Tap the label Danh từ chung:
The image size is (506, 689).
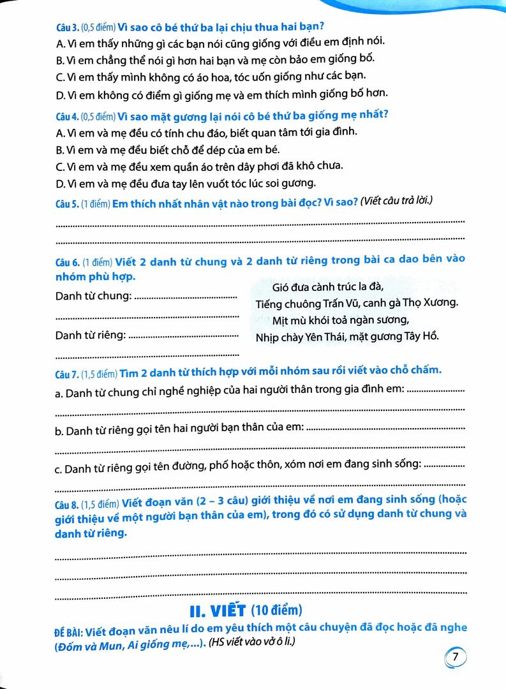[94, 296]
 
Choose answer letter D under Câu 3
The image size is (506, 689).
[60, 93]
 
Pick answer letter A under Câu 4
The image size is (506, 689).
[60, 133]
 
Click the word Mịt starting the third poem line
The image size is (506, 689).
[281, 319]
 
